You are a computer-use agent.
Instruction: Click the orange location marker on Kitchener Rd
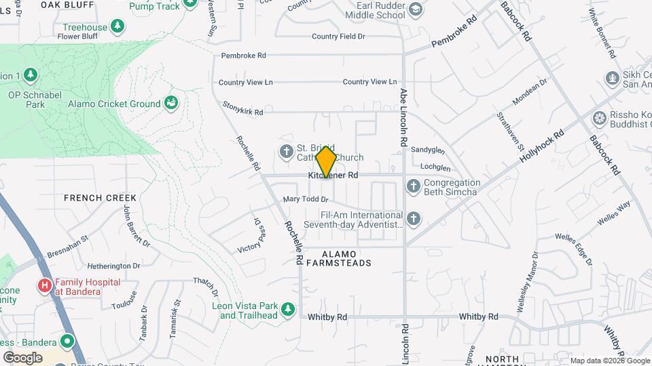click(326, 161)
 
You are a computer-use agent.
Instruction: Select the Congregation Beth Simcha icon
click(413, 186)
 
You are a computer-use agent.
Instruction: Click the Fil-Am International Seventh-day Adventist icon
click(414, 218)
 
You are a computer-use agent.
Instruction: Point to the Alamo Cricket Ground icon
click(172, 103)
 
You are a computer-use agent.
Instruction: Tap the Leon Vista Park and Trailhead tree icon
click(289, 309)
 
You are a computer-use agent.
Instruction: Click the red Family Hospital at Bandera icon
click(46, 286)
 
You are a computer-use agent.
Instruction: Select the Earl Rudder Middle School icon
click(415, 9)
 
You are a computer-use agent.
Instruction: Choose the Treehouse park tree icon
click(118, 26)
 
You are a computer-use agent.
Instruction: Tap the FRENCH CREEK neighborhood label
click(100, 198)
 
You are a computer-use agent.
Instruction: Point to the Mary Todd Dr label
click(306, 199)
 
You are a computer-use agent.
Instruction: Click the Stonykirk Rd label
click(243, 108)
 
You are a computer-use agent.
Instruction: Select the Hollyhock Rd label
click(543, 145)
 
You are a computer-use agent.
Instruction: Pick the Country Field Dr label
click(338, 36)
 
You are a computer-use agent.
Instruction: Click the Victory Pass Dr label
click(249, 235)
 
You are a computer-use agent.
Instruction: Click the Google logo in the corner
click(22, 357)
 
